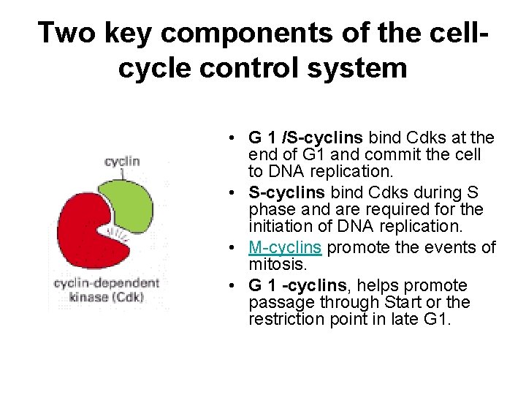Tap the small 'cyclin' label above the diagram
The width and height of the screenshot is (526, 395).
pos(122,161)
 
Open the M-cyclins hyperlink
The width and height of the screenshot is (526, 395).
pos(285,247)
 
